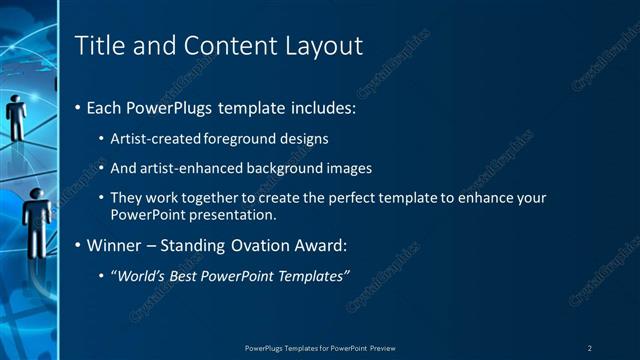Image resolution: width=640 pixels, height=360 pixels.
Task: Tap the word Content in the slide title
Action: click(x=218, y=45)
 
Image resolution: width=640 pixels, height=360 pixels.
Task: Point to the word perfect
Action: click(x=351, y=198)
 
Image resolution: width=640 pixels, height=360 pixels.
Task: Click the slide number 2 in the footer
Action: click(x=590, y=348)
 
